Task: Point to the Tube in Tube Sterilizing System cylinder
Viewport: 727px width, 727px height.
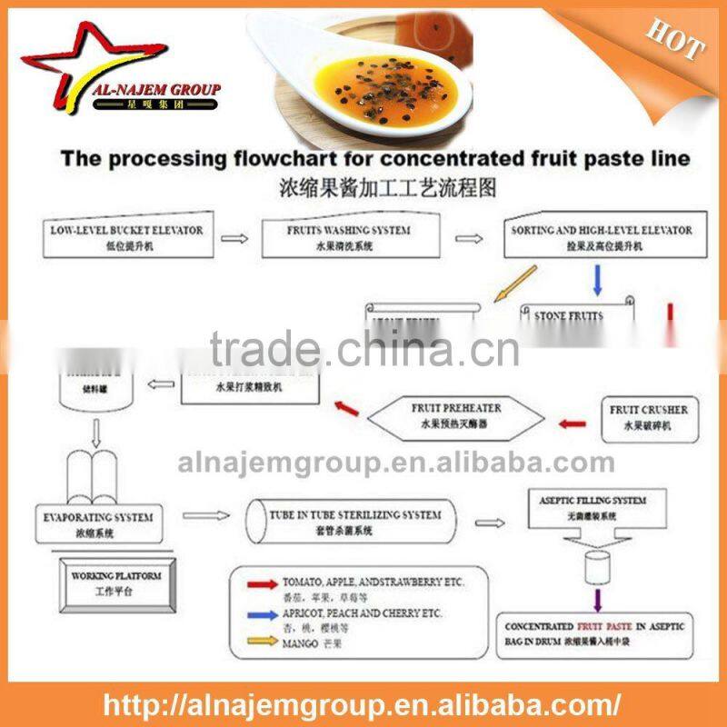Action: pos(354,522)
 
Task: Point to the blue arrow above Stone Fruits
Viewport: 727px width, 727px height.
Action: pos(597,280)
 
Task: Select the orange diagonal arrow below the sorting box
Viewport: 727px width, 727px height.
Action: pos(513,284)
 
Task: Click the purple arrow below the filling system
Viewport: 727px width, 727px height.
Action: pos(597,599)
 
